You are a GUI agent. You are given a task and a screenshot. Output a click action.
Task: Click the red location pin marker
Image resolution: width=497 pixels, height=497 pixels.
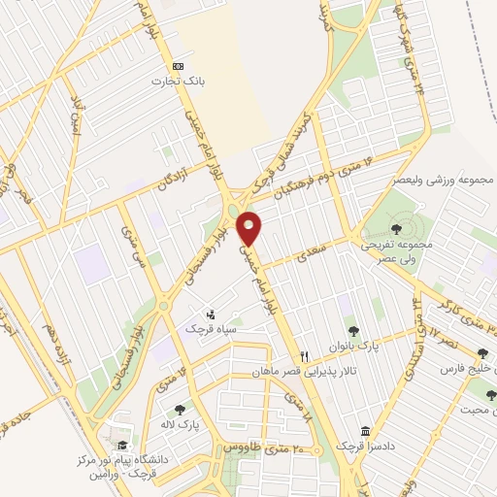click(x=250, y=228)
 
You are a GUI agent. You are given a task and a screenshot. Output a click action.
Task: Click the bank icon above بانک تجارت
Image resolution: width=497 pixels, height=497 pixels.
click(x=177, y=65)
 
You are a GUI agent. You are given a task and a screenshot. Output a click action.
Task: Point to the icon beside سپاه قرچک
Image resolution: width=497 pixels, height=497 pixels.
click(x=211, y=313)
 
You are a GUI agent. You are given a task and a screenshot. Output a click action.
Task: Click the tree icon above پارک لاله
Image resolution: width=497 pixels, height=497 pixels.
click(x=180, y=409)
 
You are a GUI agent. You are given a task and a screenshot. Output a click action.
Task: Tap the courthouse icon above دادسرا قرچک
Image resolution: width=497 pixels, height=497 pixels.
click(x=365, y=430)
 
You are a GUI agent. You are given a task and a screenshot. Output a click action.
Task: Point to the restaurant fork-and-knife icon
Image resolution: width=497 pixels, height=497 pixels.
click(x=305, y=356)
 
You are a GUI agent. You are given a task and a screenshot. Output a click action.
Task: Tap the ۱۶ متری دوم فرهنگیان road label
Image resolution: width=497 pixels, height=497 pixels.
click(x=323, y=172)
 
